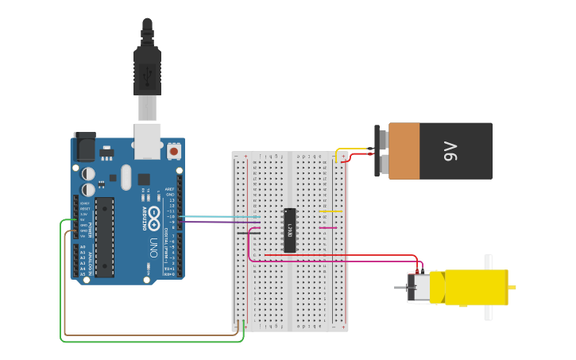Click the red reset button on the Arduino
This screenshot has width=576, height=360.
174,149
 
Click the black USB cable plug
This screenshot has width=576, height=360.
147,68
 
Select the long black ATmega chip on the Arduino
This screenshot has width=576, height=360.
105,237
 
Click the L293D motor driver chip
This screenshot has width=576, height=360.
291,230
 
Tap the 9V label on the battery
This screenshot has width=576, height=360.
450,150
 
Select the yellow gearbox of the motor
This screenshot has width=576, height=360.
476,288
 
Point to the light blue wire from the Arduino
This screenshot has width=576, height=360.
222,216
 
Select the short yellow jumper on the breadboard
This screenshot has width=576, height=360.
331,211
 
